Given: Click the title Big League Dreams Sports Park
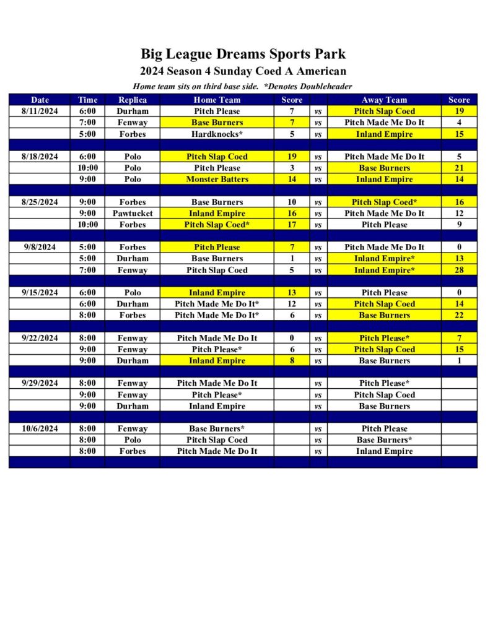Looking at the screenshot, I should point(243,54).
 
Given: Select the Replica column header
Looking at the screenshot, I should point(132,100).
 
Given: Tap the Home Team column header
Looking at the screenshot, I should point(217,100).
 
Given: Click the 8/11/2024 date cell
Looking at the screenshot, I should point(40,111).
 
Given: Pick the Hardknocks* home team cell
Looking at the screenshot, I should point(217,134).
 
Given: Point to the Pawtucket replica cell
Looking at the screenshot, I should point(132,214).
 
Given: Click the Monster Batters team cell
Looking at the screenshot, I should point(217,180).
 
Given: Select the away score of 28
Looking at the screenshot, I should point(459,270).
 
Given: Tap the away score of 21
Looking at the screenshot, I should point(459,168).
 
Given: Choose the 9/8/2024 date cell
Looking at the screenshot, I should point(40,247).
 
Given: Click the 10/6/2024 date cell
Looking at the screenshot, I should point(40,428).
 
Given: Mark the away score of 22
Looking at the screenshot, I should point(459,315).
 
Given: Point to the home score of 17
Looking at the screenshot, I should point(292,225).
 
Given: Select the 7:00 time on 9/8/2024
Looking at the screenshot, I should point(87,270).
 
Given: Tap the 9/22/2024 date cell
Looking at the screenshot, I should point(40,338).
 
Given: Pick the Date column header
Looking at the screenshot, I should point(40,100).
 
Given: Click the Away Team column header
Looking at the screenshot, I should point(384,100).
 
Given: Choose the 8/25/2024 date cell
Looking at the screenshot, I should point(40,202).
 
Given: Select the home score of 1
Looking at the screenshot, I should point(292,258).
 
